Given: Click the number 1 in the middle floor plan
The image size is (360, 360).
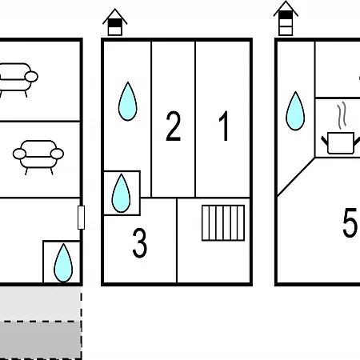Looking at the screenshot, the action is [224, 126].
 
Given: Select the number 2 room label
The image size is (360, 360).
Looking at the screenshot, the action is [174, 126].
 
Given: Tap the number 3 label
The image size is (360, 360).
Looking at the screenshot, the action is [140, 243].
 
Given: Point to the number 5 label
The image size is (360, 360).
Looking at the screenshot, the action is [350, 222].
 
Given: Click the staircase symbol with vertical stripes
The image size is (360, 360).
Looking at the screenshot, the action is [223, 223].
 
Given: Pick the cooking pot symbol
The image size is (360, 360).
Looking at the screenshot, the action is [341, 142].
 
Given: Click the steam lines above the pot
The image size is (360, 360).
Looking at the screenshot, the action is [342, 115].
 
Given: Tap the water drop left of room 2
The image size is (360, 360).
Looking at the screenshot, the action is [127, 102].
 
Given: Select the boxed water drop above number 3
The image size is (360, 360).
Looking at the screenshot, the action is [121, 194].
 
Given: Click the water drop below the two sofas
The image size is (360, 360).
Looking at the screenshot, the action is [63, 263].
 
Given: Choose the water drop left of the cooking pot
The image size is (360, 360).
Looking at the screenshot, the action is [295, 111].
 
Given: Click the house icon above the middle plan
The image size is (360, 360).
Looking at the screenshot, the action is [115, 22].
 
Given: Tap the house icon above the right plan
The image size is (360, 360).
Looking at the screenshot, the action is [286, 18].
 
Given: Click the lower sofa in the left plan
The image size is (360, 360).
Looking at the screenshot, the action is [38, 158].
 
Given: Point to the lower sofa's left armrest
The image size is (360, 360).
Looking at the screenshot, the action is [19, 154].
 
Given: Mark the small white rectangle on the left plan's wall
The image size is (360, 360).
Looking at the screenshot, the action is [81, 218].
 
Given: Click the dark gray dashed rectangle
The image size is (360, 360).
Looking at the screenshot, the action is [41, 340].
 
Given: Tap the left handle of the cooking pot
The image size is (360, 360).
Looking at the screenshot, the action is [325, 141].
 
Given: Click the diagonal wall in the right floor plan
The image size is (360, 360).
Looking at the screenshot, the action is [296, 177].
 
